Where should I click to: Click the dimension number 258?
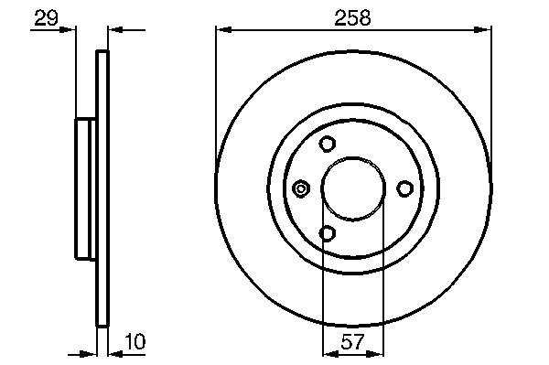click(352, 17)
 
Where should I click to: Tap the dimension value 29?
click(47, 18)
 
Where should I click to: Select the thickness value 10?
click(135, 341)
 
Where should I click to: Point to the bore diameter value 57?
click(352, 341)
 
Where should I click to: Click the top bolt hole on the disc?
click(328, 144)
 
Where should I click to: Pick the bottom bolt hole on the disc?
click(328, 233)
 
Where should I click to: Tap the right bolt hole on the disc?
click(404, 188)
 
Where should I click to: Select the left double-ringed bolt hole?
click(301, 188)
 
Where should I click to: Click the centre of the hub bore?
click(353, 188)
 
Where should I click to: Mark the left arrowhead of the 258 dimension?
click(224, 30)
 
